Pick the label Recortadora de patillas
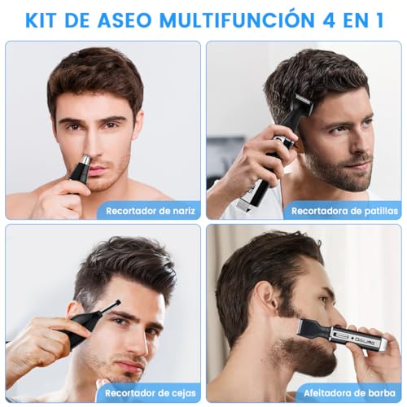pyautogui.click(x=345, y=211)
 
